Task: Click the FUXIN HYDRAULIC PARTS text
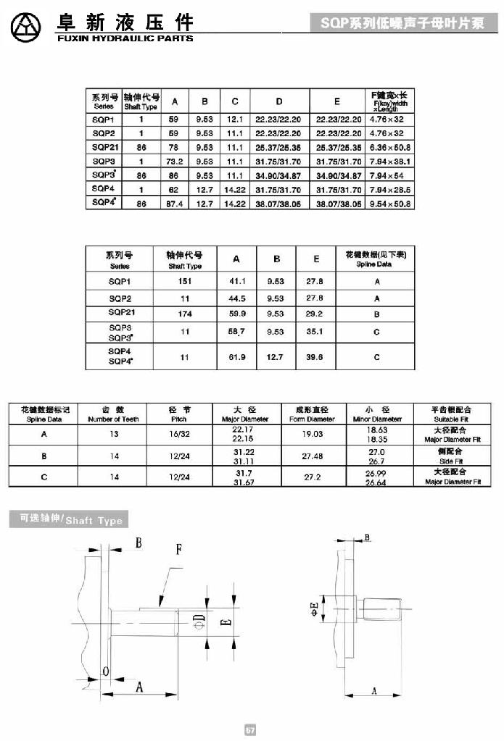125,38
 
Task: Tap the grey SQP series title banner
402,24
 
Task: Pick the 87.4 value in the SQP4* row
174,204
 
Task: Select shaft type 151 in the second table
185,281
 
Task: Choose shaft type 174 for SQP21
185,314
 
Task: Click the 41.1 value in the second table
237,281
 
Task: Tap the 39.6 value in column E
314,357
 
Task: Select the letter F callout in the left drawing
178,550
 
